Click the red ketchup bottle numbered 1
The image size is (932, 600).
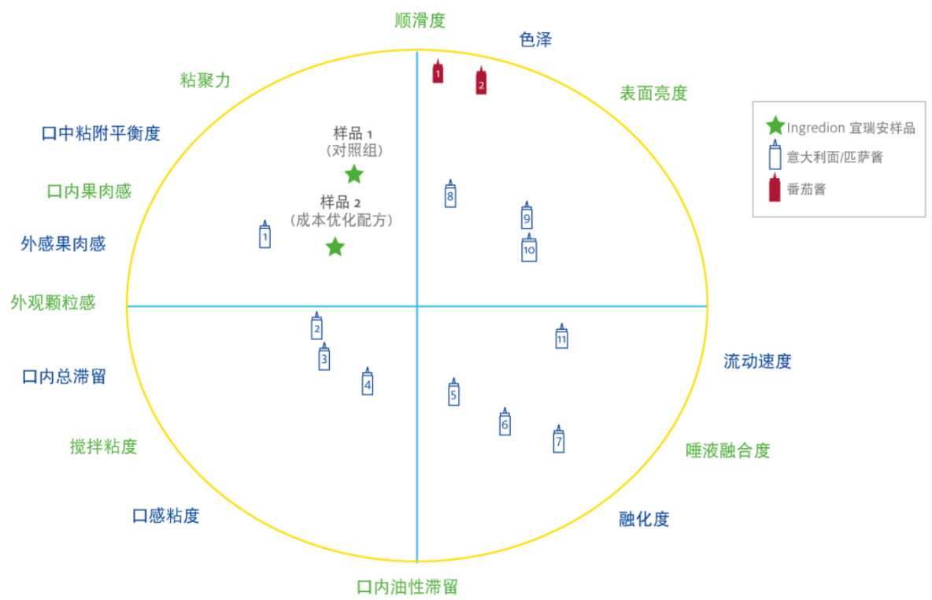pyautogui.click(x=438, y=72)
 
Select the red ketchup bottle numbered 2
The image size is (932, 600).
pyautogui.click(x=481, y=81)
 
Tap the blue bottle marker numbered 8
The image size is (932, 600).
pyautogui.click(x=450, y=194)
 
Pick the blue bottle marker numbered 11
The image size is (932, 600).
pyautogui.click(x=561, y=337)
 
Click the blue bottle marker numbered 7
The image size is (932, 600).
pyautogui.click(x=559, y=440)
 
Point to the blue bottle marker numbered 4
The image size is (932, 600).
pyautogui.click(x=367, y=383)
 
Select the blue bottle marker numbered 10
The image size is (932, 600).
pyautogui.click(x=529, y=249)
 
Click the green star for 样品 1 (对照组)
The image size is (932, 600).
pyautogui.click(x=354, y=175)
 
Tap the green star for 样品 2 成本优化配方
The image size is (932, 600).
pyautogui.click(x=335, y=247)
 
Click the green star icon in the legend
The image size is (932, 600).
pyautogui.click(x=775, y=125)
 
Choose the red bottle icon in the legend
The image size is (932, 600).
pyautogui.click(x=775, y=189)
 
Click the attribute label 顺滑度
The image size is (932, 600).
pyautogui.click(x=420, y=20)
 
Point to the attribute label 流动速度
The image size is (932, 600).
pyautogui.click(x=757, y=361)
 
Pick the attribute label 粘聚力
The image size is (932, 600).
pyautogui.click(x=205, y=80)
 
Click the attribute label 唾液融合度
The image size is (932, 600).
pyautogui.click(x=727, y=450)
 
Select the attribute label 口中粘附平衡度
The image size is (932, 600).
pyautogui.click(x=101, y=133)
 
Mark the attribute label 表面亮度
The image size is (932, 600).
pyautogui.click(x=653, y=93)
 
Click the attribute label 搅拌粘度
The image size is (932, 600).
pyautogui.click(x=103, y=446)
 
